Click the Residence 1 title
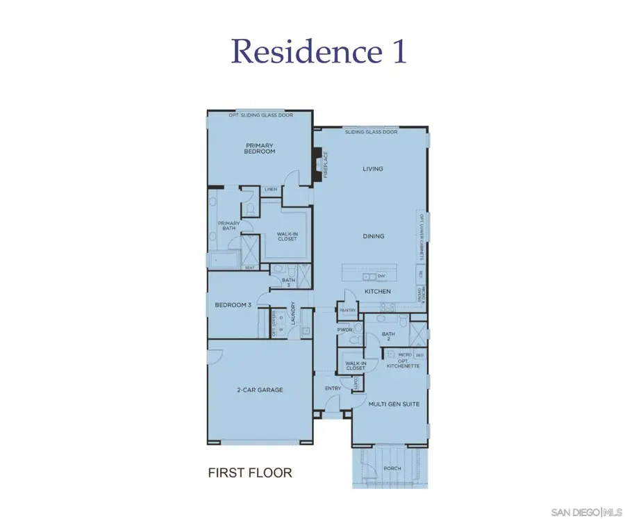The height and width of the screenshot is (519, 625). click(319, 51)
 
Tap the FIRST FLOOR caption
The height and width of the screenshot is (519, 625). click(250, 473)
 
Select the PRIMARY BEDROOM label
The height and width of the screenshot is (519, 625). click(260, 149)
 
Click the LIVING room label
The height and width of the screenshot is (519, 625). click(373, 169)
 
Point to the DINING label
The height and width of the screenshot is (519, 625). click(373, 236)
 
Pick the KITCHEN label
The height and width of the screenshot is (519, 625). click(378, 292)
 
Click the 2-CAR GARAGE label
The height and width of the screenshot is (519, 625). click(260, 390)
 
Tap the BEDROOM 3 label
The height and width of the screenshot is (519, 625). click(233, 305)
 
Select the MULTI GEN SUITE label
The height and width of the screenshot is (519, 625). click(394, 403)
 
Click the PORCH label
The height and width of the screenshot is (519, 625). click(392, 468)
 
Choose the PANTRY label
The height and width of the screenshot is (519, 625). click(347, 310)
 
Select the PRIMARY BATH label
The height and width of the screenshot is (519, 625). click(229, 226)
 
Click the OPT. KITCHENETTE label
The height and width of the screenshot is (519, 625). click(403, 363)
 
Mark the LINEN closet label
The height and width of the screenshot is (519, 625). click(271, 189)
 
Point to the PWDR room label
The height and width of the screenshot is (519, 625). click(344, 330)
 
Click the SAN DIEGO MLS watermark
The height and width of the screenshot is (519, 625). click(586, 512)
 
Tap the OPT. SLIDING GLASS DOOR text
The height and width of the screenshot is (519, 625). click(261, 115)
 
